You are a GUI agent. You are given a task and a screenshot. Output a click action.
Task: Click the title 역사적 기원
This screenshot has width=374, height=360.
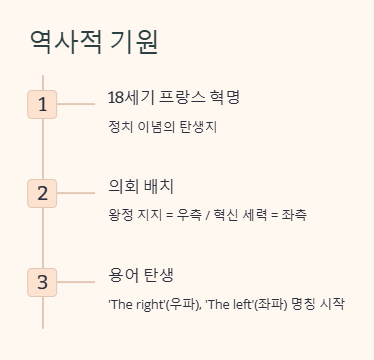pyautogui.click(x=94, y=42)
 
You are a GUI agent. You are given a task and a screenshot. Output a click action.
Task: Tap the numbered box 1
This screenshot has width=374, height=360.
pyautogui.click(x=42, y=104)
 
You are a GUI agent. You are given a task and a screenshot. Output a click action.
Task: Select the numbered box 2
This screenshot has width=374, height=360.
pyautogui.click(x=42, y=193)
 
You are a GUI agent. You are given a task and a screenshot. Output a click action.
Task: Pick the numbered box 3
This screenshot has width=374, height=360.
pyautogui.click(x=42, y=282)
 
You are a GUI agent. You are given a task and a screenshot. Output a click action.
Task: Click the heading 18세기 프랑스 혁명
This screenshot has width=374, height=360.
pyautogui.click(x=174, y=97)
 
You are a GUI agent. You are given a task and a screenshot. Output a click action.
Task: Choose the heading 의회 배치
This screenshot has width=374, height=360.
pyautogui.click(x=142, y=186)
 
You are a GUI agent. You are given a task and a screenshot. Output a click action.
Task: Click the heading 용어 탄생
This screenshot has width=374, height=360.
pyautogui.click(x=142, y=275)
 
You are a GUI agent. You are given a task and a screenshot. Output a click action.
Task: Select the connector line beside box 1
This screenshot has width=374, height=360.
pyautogui.click(x=74, y=104)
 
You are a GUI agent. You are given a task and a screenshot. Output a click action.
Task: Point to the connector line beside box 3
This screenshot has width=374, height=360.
pyautogui.click(x=74, y=282)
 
